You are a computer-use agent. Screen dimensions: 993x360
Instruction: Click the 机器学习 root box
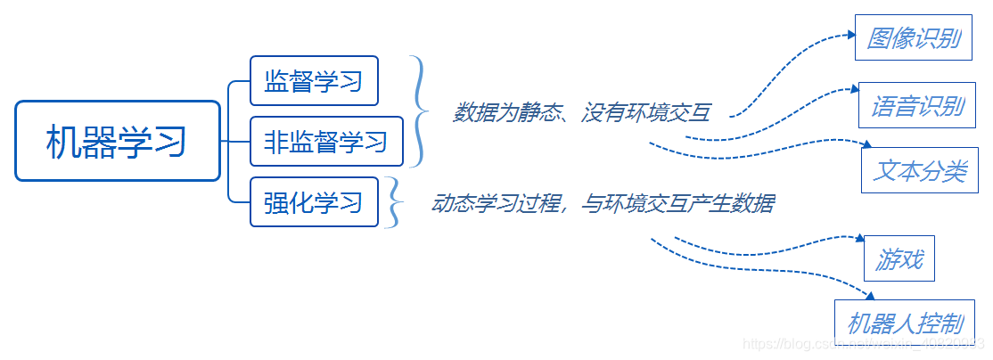117,141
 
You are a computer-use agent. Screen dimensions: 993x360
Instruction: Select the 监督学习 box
314,81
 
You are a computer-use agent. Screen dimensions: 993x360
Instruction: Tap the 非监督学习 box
326,141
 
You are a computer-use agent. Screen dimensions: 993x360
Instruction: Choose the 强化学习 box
314,201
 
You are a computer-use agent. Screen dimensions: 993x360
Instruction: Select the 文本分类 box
920,170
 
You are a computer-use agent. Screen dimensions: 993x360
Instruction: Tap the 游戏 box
899,260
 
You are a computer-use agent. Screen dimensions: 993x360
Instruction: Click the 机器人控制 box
905,322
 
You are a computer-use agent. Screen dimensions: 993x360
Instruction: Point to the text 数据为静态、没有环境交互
582,113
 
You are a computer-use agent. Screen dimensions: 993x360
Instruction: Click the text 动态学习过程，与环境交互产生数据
603,204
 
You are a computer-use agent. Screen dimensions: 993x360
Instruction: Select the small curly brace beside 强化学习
393,203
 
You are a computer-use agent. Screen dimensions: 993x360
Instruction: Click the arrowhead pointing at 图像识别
850,37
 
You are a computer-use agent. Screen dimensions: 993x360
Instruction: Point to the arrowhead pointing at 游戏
859,239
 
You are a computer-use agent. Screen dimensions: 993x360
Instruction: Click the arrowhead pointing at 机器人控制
870,296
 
